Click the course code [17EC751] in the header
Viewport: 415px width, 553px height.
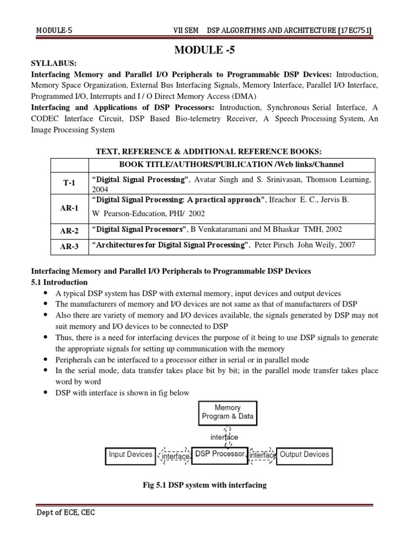click(x=353, y=29)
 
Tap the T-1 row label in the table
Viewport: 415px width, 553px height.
click(x=69, y=183)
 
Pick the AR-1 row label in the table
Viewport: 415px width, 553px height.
click(x=69, y=208)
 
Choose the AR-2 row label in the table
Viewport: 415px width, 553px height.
click(x=69, y=231)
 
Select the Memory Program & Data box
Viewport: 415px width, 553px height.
click(x=227, y=412)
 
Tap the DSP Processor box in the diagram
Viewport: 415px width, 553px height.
click(x=219, y=454)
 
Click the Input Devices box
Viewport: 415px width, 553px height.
click(x=131, y=455)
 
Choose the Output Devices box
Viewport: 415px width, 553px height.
click(x=304, y=455)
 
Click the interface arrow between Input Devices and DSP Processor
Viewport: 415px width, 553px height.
click(x=174, y=456)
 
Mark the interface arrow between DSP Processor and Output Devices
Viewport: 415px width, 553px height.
click(x=262, y=456)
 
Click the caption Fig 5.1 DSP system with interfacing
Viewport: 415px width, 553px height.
click(x=204, y=485)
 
